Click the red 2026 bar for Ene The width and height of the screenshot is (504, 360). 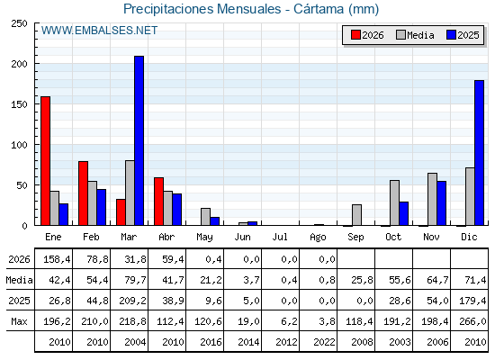pos(45,161)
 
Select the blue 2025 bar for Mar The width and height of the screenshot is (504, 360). pos(139,140)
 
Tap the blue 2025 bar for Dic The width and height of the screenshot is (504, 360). pos(479,153)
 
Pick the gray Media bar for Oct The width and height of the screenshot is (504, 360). pos(394,202)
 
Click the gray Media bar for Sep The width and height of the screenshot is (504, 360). pos(356,215)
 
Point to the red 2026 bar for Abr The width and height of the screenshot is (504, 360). pos(158,202)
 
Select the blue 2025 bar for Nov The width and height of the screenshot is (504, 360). pos(442,203)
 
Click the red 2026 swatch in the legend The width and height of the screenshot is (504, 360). pos(355,35)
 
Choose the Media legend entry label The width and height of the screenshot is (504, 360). pos(420,35)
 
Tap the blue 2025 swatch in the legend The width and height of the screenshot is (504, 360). pos(451,35)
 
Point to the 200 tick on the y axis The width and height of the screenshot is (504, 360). pos(36,64)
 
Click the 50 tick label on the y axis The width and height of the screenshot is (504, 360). pos(22,185)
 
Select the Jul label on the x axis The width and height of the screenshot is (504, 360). pos(280,237)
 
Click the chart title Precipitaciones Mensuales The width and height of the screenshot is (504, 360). pos(202,9)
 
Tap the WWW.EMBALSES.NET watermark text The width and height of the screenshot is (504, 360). pos(99,31)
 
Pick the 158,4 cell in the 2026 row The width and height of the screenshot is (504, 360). pos(57,259)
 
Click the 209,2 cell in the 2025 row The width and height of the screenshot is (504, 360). pos(132,301)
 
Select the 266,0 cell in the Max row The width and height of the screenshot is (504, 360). pos(472,321)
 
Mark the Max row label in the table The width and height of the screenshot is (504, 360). pos(19,321)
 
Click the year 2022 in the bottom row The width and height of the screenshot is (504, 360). pos(324,342)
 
